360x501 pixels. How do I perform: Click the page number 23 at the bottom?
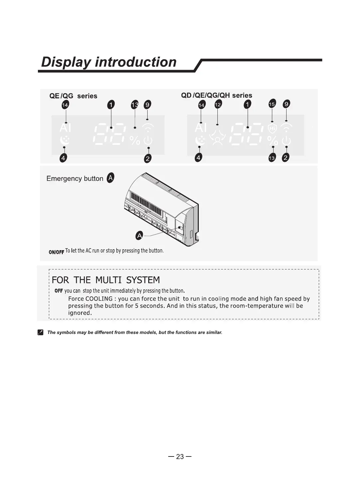coord(180,456)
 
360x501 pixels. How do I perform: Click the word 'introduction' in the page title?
coord(136,62)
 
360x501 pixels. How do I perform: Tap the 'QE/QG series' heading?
coord(73,96)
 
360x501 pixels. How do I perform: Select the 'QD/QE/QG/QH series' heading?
coord(216,95)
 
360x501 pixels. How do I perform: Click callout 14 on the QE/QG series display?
coord(65,105)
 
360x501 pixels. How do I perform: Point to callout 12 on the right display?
coord(218,104)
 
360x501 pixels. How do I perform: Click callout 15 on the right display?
coord(272,104)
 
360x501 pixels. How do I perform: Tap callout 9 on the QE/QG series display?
coord(147,105)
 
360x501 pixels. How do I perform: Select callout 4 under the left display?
coord(63,158)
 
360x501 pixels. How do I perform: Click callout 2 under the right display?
coord(286,158)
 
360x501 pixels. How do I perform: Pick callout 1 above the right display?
coord(247,105)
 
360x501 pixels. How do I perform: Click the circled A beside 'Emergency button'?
coord(110,178)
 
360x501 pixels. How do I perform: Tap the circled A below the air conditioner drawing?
coord(140,236)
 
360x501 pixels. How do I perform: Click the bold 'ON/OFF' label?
coord(56,252)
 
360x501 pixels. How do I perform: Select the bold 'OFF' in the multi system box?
coord(59,291)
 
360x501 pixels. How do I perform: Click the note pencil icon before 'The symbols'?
coord(40,332)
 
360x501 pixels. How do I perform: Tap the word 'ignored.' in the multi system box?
coord(80,313)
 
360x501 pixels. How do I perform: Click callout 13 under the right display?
coord(272,158)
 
